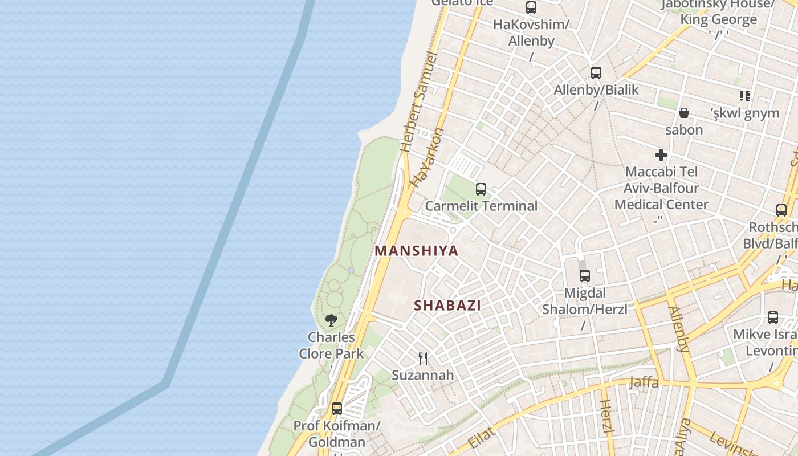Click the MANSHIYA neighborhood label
[417, 251]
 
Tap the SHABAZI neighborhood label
[447, 305]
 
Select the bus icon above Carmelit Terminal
[481, 189]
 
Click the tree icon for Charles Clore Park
[331, 320]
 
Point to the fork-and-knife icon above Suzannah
[423, 358]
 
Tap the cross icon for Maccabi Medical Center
[661, 154]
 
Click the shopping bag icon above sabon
[684, 113]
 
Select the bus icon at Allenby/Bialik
[596, 73]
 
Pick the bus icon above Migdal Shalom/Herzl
[585, 276]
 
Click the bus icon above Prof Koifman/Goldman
[337, 408]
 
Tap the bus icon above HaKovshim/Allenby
[531, 7]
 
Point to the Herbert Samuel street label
[418, 103]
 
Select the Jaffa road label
[644, 382]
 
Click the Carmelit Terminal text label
[481, 206]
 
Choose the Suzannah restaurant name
[423, 375]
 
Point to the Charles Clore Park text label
[331, 345]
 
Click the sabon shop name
[684, 129]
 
